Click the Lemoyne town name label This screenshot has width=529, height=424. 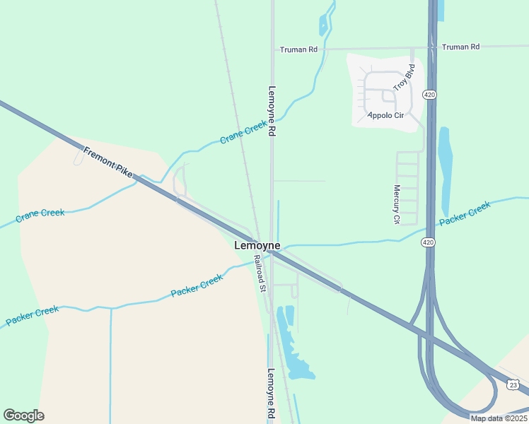(257, 245)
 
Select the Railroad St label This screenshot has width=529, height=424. (260, 274)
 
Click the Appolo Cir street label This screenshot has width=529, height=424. (385, 114)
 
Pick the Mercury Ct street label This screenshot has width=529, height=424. (396, 205)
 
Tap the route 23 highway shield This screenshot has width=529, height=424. (513, 384)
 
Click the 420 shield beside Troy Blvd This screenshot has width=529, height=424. (429, 94)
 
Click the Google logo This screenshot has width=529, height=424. (23, 415)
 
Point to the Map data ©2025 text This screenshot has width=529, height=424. (499, 418)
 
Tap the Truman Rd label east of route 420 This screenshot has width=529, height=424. (460, 47)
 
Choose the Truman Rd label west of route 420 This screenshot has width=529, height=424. (298, 49)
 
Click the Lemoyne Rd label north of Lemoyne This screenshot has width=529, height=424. (271, 111)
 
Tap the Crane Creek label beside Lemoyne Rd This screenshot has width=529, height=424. (243, 132)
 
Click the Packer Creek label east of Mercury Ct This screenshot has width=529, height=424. (464, 214)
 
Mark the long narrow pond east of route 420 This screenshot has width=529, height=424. (445, 170)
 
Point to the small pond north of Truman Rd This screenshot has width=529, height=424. (324, 26)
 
